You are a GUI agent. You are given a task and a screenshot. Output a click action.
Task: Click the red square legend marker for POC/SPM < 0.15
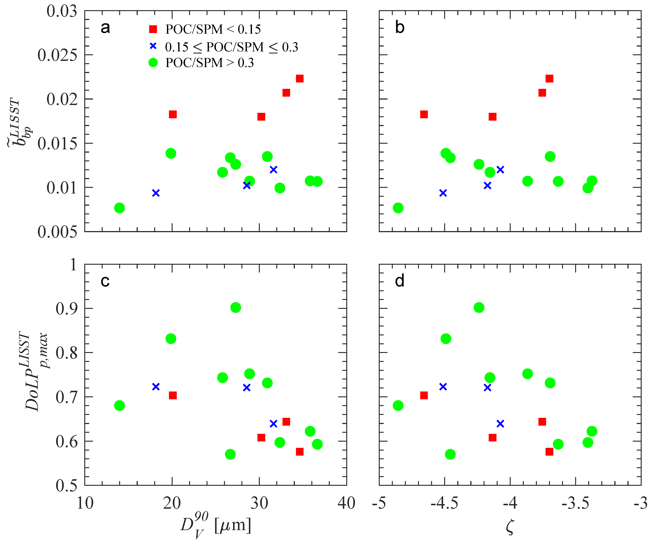153,29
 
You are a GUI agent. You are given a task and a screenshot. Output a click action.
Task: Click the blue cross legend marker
153,46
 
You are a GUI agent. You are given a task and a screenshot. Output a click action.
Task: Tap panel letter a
105,28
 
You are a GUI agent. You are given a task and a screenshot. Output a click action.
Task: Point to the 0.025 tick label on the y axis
57,55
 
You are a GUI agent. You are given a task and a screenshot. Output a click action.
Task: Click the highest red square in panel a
300,78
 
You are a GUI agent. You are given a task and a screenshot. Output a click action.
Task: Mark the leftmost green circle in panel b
398,208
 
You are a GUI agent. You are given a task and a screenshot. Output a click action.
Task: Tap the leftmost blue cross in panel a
156,193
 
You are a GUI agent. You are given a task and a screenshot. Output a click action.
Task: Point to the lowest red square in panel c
300,452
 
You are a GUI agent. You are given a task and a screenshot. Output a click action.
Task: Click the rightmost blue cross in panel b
500,169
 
